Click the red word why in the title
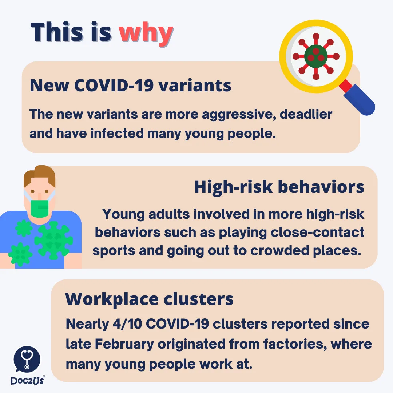click(146, 34)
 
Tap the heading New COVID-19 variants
click(130, 86)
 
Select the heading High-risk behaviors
click(279, 187)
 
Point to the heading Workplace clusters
click(149, 299)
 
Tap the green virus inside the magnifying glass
click(316, 56)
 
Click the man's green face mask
click(40, 209)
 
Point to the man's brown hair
click(40, 175)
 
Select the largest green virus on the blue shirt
click(53, 240)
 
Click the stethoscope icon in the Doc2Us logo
click(27, 359)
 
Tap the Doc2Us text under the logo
click(27, 381)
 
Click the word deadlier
click(306, 114)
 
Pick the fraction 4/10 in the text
click(127, 324)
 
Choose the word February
click(124, 344)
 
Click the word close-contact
click(317, 232)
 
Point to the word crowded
click(280, 250)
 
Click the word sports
click(114, 251)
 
